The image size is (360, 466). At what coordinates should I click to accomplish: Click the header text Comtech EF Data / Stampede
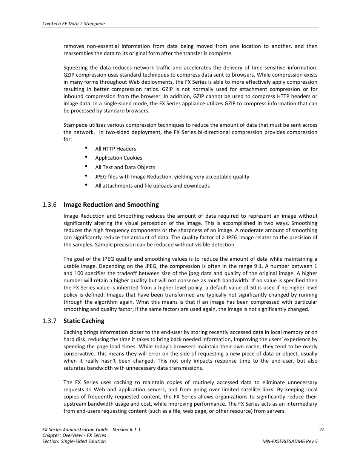click(74, 24)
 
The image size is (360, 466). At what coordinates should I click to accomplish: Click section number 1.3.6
click(49, 205)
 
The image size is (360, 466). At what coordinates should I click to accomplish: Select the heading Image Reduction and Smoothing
click(111, 205)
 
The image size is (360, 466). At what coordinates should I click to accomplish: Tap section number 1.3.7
click(49, 321)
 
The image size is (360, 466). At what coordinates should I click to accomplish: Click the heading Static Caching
click(84, 321)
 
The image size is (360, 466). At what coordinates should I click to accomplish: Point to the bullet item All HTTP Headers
click(115, 149)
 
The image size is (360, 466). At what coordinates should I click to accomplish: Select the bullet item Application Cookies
click(118, 158)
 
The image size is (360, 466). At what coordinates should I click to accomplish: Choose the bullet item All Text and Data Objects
click(125, 168)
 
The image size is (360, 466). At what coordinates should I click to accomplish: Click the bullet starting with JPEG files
click(172, 177)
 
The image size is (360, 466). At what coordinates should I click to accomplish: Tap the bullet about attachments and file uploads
click(152, 186)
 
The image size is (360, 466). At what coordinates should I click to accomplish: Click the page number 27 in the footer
click(322, 430)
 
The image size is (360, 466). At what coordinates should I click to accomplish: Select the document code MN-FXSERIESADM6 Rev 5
click(290, 441)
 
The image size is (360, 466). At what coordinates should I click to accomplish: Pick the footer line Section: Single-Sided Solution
click(74, 441)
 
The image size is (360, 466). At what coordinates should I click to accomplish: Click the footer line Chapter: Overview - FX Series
click(74, 435)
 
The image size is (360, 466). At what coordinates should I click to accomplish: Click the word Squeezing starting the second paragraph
click(75, 68)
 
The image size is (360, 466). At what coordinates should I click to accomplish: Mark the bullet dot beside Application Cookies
click(86, 157)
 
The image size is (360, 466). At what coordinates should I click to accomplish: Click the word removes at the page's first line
click(74, 46)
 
